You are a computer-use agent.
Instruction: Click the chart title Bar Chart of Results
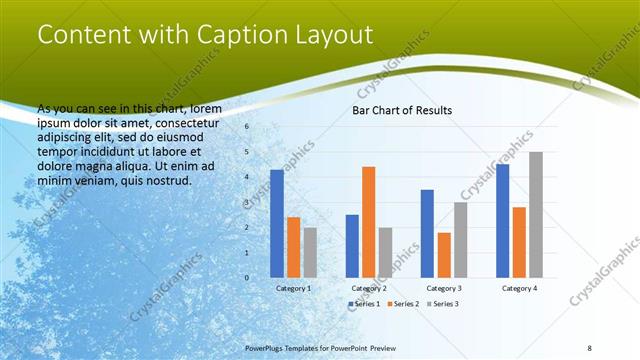(402, 110)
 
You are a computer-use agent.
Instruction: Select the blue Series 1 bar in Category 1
(277, 223)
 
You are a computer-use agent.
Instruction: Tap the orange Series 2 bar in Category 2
(368, 221)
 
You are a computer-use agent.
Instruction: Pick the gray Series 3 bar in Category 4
(536, 214)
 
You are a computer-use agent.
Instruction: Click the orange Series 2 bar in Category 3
(444, 254)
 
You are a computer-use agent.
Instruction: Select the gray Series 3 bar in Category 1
(310, 252)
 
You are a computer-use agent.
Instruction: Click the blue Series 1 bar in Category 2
(352, 245)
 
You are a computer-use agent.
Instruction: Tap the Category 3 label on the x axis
(444, 288)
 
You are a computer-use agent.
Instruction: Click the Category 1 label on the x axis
(293, 288)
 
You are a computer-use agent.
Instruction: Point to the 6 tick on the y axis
(245, 127)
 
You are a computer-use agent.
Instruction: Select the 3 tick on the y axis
(245, 202)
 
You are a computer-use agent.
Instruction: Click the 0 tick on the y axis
(245, 277)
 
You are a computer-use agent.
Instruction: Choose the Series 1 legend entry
(364, 303)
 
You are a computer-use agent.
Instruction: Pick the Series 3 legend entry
(443, 303)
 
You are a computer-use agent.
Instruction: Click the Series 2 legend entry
(403, 303)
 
